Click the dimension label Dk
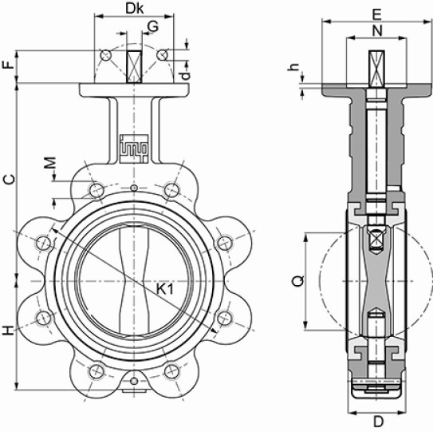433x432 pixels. (135, 9)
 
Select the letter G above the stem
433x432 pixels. (153, 27)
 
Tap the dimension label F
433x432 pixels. (8, 65)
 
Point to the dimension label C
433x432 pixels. (8, 180)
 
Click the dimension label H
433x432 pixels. (8, 331)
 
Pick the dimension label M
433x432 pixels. (50, 163)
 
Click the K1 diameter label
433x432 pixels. (165, 289)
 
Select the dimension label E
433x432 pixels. (377, 14)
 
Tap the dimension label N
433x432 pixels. (377, 30)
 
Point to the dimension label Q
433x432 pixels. (298, 281)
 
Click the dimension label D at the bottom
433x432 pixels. (379, 422)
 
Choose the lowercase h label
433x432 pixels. (293, 67)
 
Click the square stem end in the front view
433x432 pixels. (134, 66)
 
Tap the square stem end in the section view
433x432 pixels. (377, 69)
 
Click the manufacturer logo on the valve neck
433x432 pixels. (134, 149)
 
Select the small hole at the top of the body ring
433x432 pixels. (134, 188)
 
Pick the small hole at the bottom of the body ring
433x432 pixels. (134, 381)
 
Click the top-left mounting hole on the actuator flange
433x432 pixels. (105, 55)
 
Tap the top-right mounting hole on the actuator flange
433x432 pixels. (163, 54)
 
